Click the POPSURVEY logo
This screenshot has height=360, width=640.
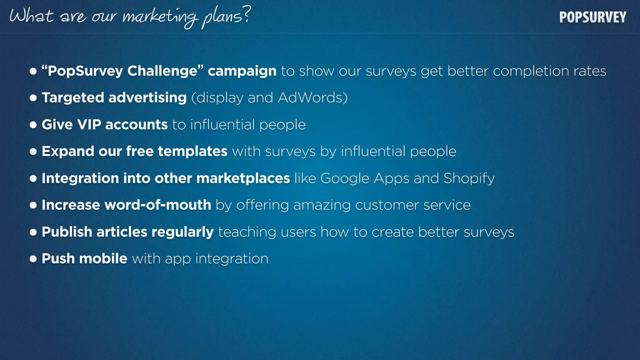click(593, 17)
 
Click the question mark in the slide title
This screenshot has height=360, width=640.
click(247, 15)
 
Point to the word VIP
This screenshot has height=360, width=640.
click(89, 125)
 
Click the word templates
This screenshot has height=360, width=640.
click(192, 152)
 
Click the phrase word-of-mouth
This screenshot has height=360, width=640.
click(158, 205)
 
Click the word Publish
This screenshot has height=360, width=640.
click(67, 232)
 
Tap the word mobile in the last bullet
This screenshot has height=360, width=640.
click(103, 259)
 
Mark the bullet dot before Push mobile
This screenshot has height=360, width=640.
click(33, 259)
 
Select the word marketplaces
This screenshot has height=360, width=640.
click(243, 178)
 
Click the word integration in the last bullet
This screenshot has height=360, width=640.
click(232, 259)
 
